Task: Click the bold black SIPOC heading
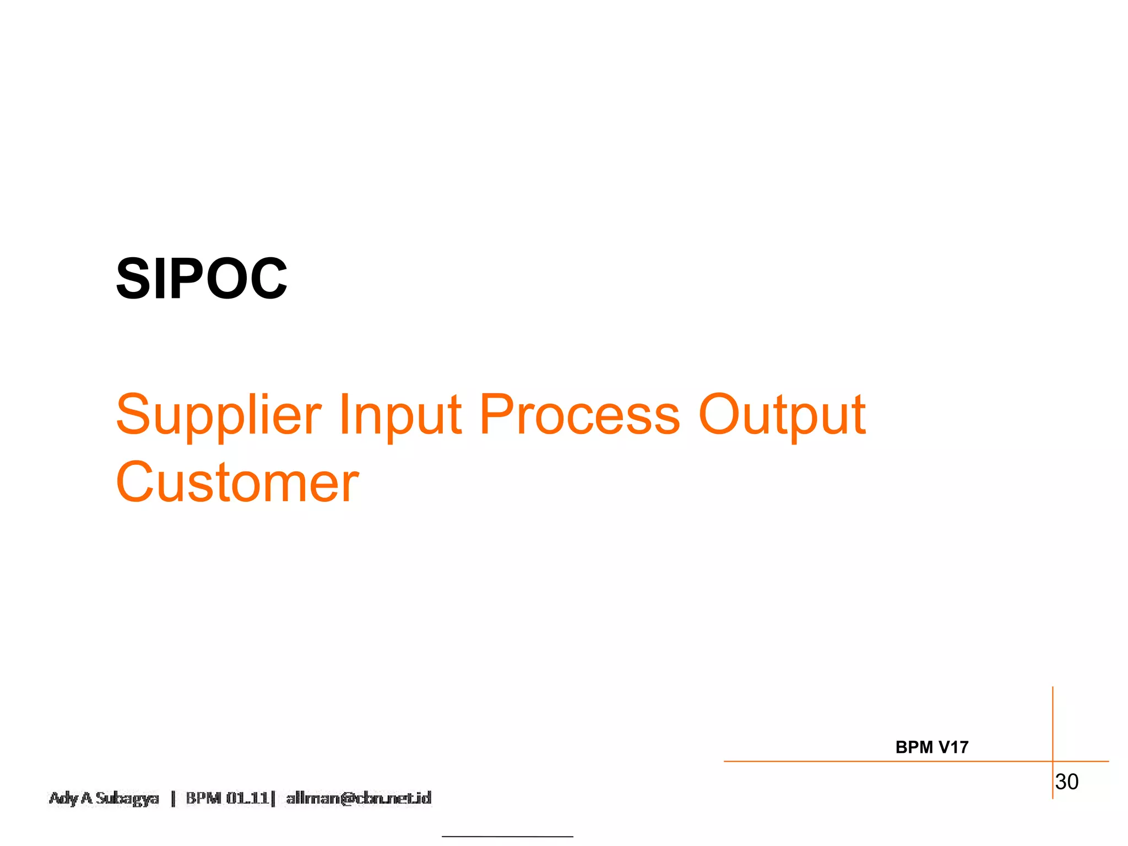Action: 201,279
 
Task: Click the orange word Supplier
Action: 219,415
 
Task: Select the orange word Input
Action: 400,415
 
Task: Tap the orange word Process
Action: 579,414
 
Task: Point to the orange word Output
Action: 782,415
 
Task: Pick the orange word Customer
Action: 237,482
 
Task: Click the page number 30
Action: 1066,782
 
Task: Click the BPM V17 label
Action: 931,747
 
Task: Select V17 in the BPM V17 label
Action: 953,747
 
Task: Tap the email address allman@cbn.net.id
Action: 359,798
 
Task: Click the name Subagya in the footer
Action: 127,798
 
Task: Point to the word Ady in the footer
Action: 64,798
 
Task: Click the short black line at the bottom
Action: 507,837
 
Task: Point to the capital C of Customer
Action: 135,482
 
